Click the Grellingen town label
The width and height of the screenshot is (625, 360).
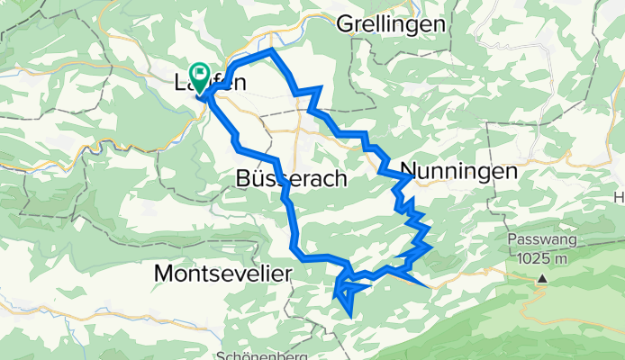[x=391, y=24]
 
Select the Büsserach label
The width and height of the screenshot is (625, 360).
[x=290, y=178]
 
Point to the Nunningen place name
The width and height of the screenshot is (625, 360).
[x=458, y=170]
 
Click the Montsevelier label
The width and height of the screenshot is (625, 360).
[x=223, y=271]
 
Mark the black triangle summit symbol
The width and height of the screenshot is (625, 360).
[x=542, y=279]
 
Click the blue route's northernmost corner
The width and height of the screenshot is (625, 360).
[x=271, y=52]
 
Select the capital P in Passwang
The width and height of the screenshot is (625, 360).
[x=512, y=241]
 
